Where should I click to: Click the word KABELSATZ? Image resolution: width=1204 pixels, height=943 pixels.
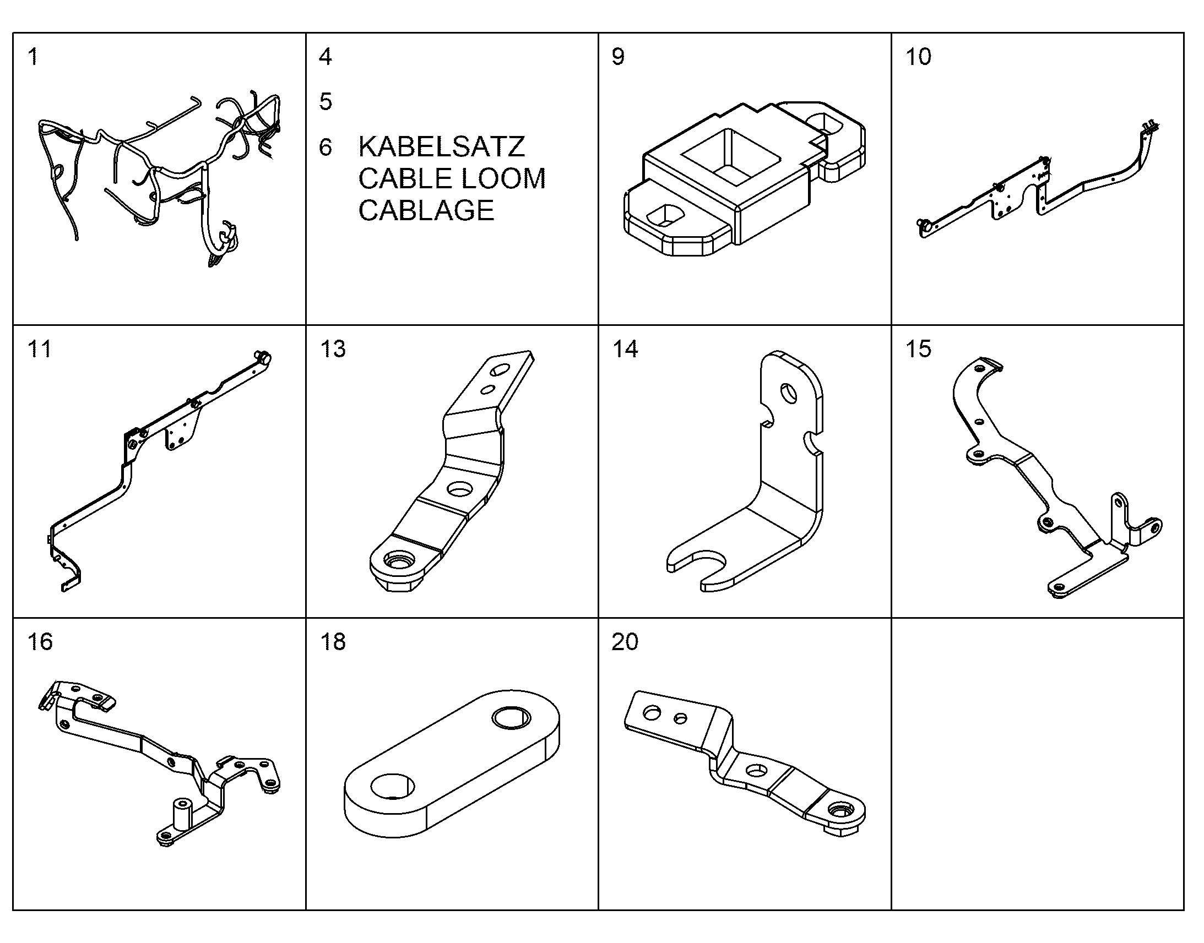pos(441,146)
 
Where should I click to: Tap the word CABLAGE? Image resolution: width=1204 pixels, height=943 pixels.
pos(426,210)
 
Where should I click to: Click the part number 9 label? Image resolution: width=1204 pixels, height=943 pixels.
pos(618,56)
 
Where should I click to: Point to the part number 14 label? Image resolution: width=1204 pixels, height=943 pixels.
pos(625,349)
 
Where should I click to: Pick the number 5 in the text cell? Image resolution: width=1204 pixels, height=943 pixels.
pos(326,102)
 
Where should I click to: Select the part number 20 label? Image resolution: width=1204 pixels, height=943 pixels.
pos(625,641)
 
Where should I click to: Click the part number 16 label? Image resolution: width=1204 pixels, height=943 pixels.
pos(40,641)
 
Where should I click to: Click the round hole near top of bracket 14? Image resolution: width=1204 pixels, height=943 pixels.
pos(788,394)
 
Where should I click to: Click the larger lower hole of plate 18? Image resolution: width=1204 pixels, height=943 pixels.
pos(392,786)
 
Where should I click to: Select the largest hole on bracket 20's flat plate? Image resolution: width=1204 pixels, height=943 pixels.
pos(652,713)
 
